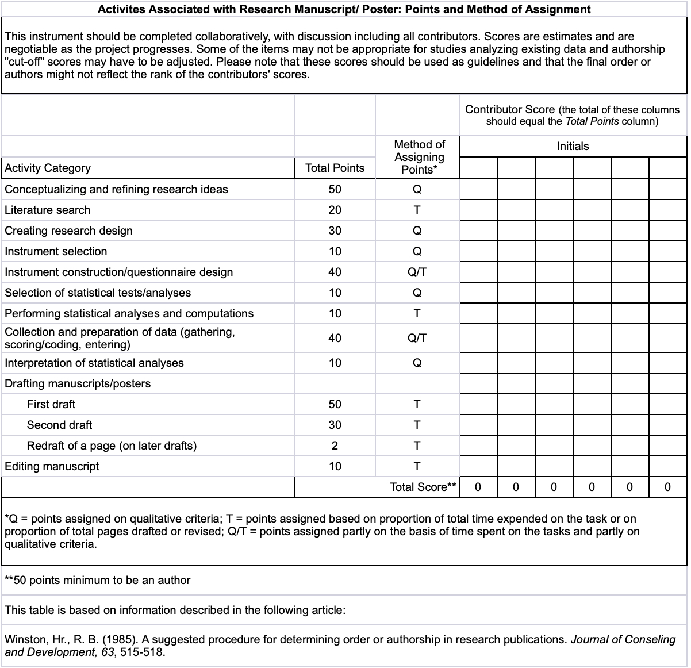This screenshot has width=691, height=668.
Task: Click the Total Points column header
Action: click(x=335, y=168)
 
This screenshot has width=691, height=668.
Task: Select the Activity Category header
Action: click(x=48, y=168)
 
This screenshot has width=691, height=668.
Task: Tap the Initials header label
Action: click(x=573, y=146)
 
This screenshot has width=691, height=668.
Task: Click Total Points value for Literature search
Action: click(x=335, y=210)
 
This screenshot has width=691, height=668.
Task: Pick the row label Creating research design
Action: click(x=68, y=231)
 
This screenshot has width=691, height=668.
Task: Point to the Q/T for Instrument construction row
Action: click(x=417, y=272)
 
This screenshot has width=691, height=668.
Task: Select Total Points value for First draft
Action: click(x=335, y=404)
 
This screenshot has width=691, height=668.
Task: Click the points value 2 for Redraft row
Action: click(x=335, y=446)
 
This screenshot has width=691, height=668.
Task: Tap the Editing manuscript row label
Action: click(x=52, y=466)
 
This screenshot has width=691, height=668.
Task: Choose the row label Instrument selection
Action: click(x=56, y=251)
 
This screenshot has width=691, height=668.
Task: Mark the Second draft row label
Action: click(x=59, y=425)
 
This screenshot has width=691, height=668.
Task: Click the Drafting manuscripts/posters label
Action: click(x=78, y=383)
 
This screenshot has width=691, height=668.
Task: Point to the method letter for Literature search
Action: click(x=417, y=210)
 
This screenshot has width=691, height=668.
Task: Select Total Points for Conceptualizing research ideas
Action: click(x=335, y=189)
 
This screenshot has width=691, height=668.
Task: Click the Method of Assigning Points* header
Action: click(x=419, y=156)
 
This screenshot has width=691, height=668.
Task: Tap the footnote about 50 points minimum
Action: click(x=97, y=580)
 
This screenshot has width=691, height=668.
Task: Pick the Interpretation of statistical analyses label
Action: click(x=94, y=363)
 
